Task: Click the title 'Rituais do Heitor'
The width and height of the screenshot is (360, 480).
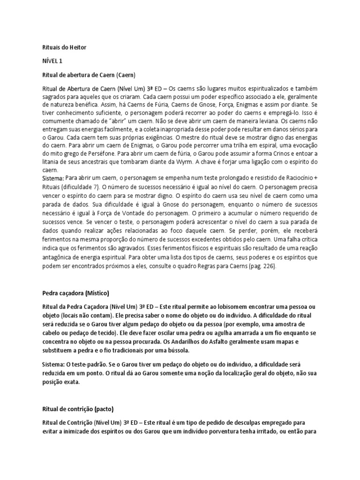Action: [x=63, y=47]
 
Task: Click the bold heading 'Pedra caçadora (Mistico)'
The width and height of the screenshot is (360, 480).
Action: [x=75, y=293]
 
